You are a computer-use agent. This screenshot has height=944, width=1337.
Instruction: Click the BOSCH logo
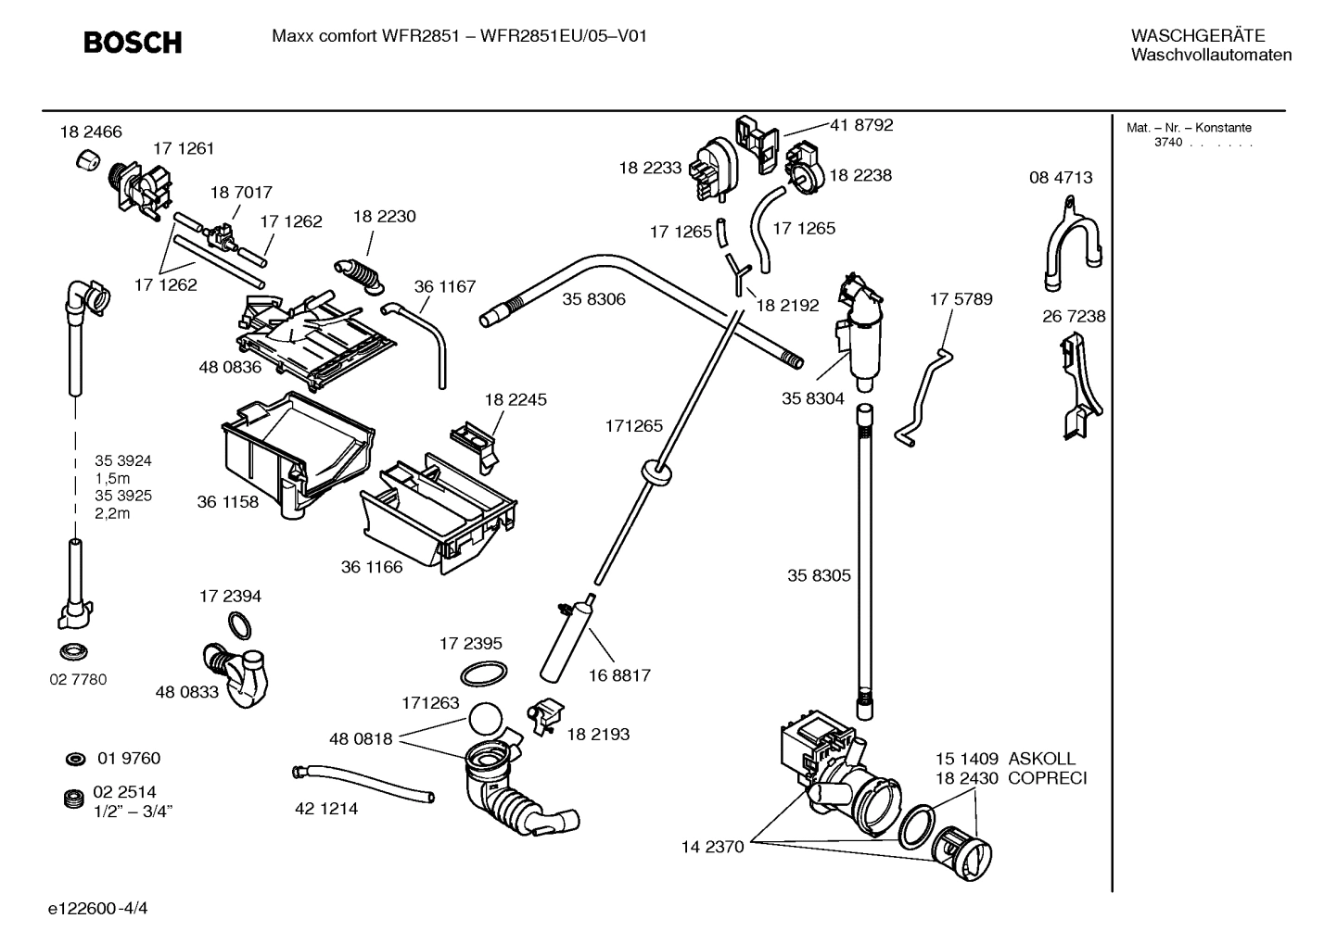pos(133,43)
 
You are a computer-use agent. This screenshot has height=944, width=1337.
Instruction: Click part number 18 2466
pos(91,132)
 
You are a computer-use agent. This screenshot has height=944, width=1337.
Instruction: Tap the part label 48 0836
pos(230,367)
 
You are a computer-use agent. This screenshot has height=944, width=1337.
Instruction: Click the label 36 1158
pos(227,502)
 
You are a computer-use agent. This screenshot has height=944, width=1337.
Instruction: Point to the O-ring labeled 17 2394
pos(238,626)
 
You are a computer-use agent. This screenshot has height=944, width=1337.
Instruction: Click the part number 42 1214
pos(326,809)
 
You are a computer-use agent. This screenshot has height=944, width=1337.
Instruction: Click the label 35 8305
pos(819,575)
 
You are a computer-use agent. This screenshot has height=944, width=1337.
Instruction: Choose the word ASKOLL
pos(1042,759)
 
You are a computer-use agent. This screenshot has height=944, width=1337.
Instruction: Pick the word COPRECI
pos(1047,778)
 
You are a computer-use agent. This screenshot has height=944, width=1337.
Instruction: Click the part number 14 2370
pos(712,847)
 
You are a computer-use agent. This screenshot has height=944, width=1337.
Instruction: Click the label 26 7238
pos(1074,317)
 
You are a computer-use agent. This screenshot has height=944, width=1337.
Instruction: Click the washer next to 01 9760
pos(74,760)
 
